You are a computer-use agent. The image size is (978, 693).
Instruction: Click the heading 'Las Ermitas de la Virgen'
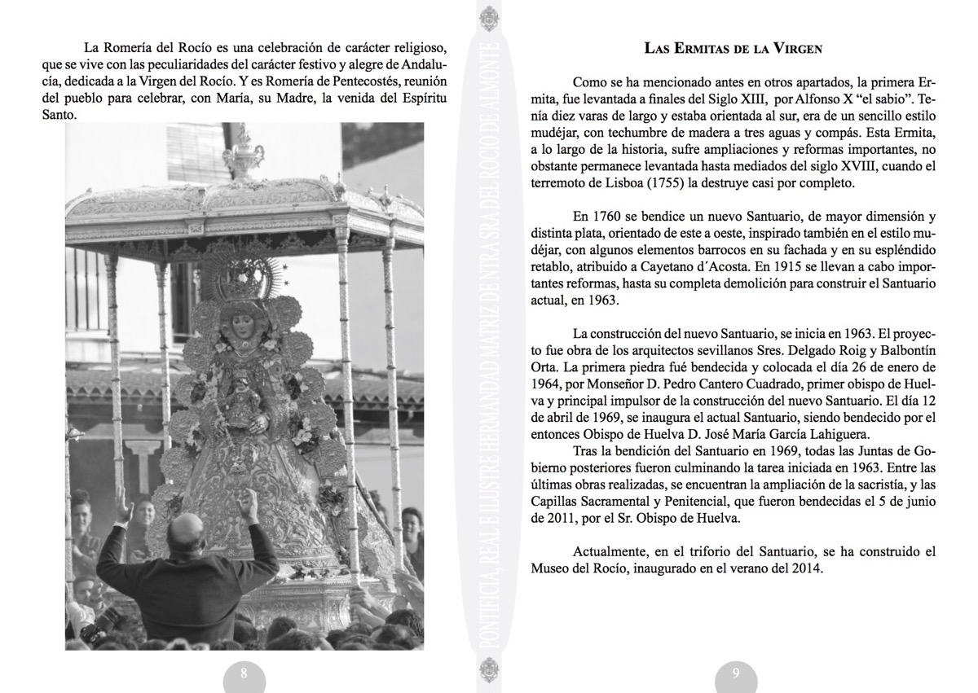733,48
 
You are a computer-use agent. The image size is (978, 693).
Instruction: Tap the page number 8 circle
244,673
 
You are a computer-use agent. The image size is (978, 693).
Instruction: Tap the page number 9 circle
736,673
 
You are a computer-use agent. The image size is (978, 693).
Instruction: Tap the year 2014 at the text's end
808,568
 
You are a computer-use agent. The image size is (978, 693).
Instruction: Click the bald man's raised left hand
124,507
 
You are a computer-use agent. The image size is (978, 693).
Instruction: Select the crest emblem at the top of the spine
488,18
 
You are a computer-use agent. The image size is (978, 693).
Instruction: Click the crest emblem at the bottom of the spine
488,673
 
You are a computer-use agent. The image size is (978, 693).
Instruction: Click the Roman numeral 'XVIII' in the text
834,165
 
